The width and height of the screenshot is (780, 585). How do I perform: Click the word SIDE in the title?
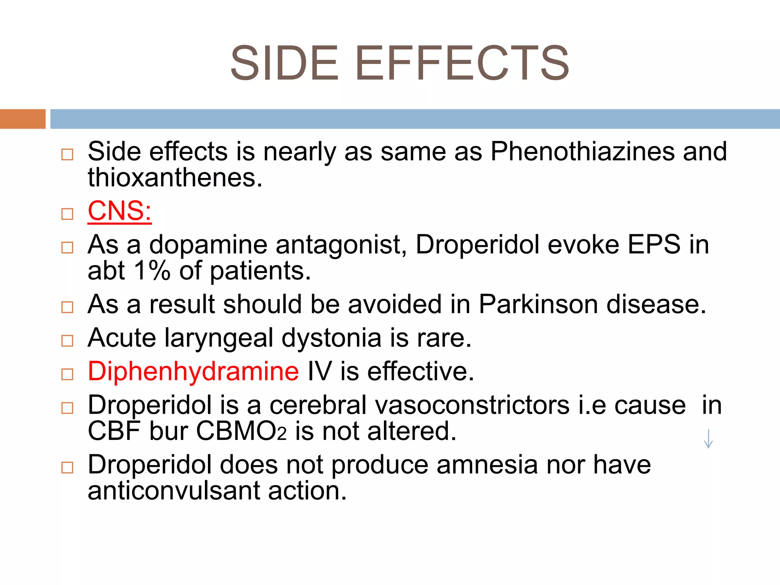pos(284,63)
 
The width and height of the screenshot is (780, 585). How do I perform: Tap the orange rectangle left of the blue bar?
pos(22,119)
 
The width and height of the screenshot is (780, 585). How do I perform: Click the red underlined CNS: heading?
pos(120,211)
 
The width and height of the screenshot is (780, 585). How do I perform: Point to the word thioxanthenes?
pos(175,178)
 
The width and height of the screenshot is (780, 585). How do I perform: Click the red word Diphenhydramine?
pos(193,371)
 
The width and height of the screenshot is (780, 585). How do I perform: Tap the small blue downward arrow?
pos(708,439)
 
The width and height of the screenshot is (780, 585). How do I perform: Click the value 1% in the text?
pos(152,271)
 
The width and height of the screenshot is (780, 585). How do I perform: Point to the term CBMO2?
pos(241,432)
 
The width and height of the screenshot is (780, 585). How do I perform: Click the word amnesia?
pos(487,465)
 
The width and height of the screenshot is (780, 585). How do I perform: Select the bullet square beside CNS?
pos(67,214)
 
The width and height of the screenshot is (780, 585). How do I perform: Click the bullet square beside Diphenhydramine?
pos(67,374)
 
